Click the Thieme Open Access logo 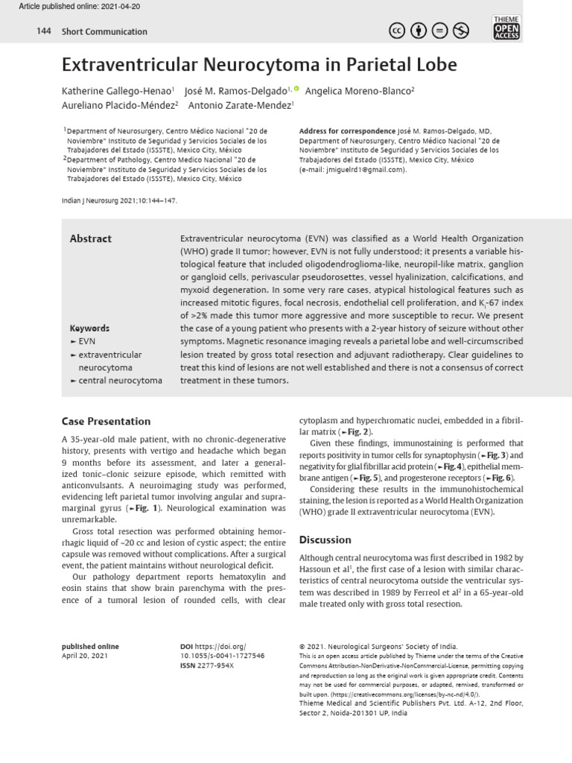click(506, 28)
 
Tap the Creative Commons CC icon click(398, 31)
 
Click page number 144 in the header click(42, 31)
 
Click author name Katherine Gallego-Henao click(117, 89)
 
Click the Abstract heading click(90, 238)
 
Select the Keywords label click(89, 329)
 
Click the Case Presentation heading click(106, 422)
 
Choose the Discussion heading click(325, 539)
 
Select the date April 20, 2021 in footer click(85, 656)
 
